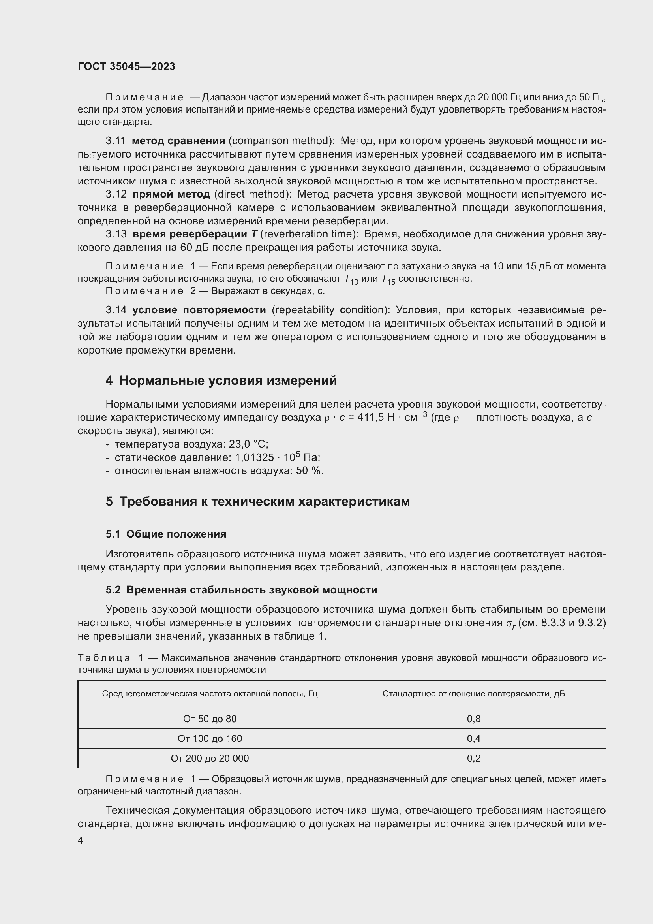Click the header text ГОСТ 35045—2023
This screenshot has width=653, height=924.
coord(126,66)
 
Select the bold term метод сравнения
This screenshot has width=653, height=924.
coord(178,141)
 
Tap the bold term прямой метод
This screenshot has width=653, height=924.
coord(171,194)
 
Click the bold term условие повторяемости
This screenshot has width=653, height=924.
coord(199,310)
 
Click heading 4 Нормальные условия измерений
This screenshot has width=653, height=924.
coord(221,380)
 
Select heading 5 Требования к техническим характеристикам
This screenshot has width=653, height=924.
coord(258,501)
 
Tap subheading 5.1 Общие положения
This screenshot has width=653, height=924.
coord(166,534)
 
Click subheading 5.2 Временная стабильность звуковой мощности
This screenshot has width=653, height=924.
coord(241,590)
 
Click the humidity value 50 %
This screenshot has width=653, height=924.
coord(309,471)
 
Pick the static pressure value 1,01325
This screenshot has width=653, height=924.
coord(254,458)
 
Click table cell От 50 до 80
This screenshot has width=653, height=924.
coord(210,719)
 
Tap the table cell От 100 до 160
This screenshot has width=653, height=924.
coord(210,738)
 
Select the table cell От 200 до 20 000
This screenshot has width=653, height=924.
coord(210,758)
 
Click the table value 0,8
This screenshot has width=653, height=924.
coord(474,719)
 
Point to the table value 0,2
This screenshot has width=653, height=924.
coord(474,758)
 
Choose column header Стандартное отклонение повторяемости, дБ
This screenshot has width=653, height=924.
coord(474,694)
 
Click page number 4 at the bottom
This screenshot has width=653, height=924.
coord(81,841)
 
